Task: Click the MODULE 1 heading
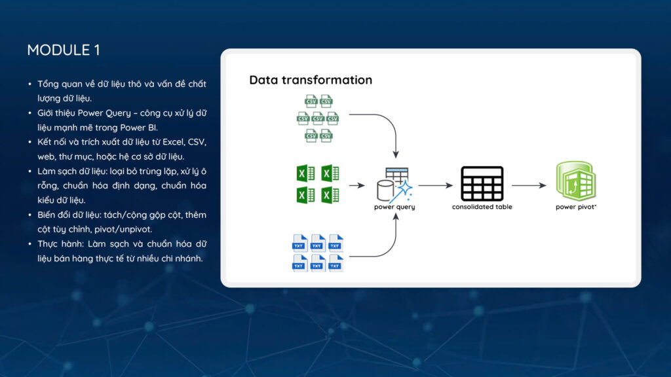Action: click(x=64, y=50)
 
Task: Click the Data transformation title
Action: click(x=311, y=80)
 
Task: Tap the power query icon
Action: click(x=394, y=185)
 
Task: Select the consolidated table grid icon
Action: click(x=482, y=184)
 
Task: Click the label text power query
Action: click(x=394, y=207)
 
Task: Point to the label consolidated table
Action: click(x=482, y=207)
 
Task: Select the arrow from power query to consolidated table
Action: click(x=435, y=185)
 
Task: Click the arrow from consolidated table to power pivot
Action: click(x=528, y=185)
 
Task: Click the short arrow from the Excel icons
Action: click(x=356, y=185)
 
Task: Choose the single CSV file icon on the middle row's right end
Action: click(x=333, y=118)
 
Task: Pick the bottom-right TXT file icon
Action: click(x=336, y=263)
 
